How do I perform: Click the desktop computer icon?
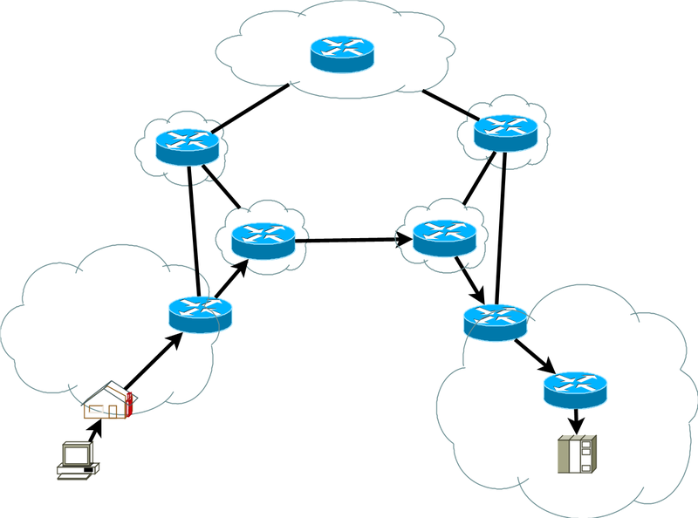click(x=77, y=461)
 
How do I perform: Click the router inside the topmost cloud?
click(x=342, y=53)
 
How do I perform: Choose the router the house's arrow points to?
click(x=201, y=313)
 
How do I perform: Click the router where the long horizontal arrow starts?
click(x=263, y=238)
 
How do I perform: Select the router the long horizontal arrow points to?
click(x=444, y=236)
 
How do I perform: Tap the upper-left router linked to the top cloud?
click(x=188, y=144)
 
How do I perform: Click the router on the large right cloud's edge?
click(x=495, y=324)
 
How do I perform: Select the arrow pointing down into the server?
click(x=576, y=421)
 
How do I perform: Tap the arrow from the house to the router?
click(x=153, y=359)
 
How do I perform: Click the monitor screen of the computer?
click(x=77, y=454)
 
